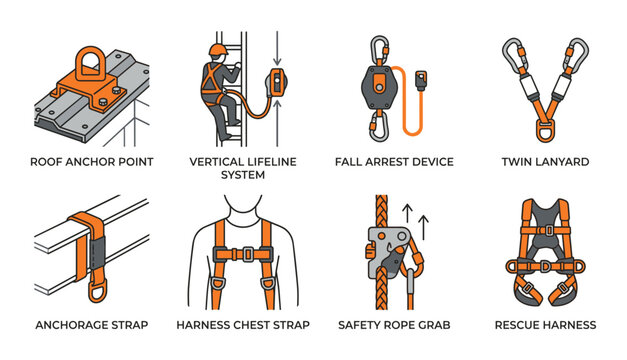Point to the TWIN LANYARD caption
(546, 161)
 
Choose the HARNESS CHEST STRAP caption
(242, 324)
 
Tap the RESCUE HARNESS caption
(545, 324)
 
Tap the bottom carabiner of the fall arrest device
(381, 126)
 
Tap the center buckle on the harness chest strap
(243, 255)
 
